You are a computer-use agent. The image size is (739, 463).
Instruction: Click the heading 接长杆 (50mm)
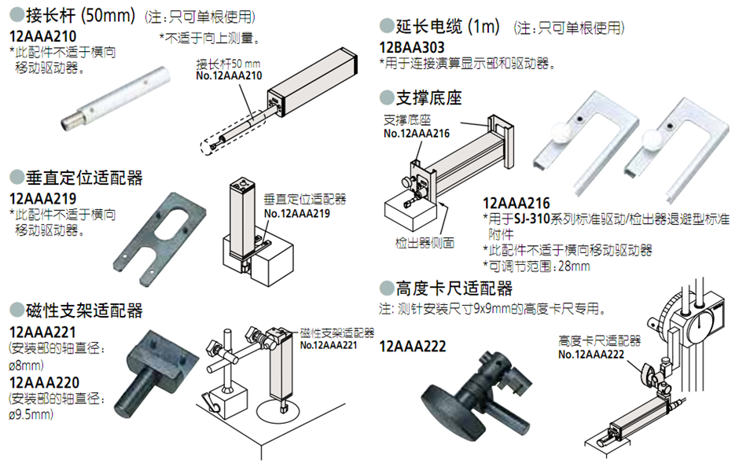pos(75,16)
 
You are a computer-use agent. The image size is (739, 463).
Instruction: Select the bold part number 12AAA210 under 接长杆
pos(42,36)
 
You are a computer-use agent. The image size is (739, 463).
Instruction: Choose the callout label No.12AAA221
pos(329,344)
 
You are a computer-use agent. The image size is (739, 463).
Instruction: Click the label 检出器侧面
pos(425,243)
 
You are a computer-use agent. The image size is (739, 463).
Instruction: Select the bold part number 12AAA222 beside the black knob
pos(412,347)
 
